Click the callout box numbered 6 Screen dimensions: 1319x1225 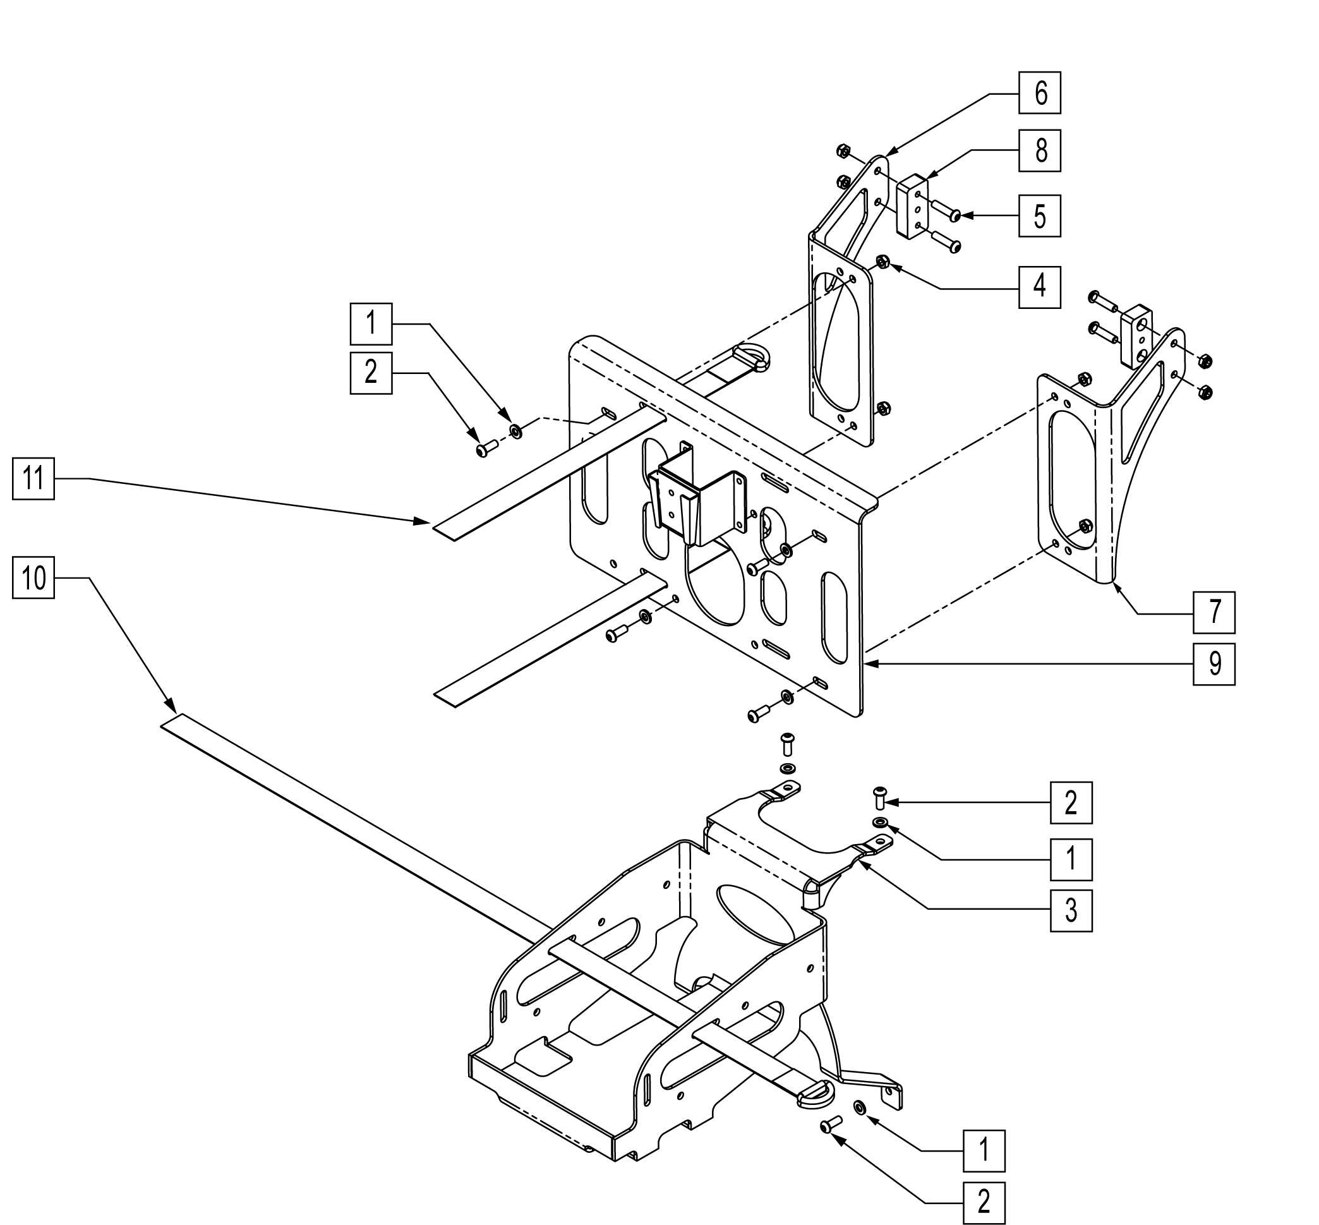click(1039, 93)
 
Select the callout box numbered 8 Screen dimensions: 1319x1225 click(1039, 150)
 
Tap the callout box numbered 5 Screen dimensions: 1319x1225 click(1039, 216)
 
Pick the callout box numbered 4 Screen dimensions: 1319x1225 click(1039, 287)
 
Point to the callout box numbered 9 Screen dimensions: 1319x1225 click(1214, 663)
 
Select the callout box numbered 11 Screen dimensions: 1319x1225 click(33, 478)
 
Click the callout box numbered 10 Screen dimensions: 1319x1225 click(33, 577)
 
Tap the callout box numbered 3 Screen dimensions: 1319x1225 click(1071, 910)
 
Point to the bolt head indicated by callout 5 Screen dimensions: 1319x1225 click(955, 215)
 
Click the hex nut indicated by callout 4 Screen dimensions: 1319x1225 click(882, 260)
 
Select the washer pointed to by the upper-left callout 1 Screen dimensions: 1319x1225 click(515, 432)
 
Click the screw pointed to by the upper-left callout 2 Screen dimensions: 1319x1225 click(486, 449)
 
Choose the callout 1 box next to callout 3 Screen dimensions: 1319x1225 click(1071, 859)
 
